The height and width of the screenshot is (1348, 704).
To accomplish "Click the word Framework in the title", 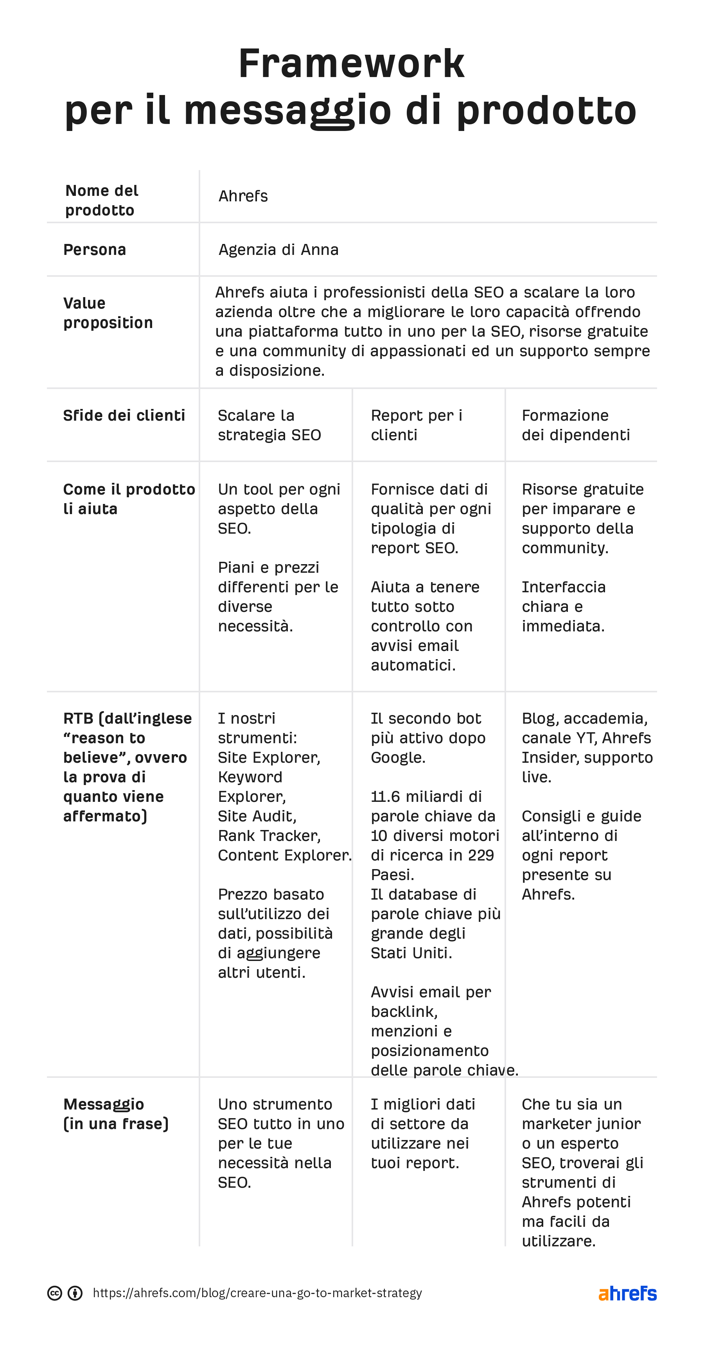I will pos(351,64).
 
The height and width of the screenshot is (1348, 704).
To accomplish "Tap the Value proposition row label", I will pos(108,313).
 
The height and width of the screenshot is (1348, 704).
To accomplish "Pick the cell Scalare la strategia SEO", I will pos(269,425).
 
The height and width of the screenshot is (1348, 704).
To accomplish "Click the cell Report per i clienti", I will pos(416,425).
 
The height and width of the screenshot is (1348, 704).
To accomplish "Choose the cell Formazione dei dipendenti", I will pos(575,425).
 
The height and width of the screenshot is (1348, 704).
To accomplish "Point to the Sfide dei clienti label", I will pos(124,416).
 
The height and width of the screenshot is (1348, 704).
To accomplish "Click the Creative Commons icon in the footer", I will pos(54,1293).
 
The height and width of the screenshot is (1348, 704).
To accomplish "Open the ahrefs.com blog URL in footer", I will pos(257,1293).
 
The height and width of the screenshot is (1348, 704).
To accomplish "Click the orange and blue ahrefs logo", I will pos(627,1293).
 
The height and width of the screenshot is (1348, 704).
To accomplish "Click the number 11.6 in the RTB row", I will pos(385,796).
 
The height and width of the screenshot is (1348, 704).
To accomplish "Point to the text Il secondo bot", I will pos(426,719).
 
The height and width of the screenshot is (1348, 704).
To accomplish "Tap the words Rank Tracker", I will pos(269,836).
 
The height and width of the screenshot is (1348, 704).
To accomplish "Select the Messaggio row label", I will pos(104,1104).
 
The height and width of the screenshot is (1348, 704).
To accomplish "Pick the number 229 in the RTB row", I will pos(481,855).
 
